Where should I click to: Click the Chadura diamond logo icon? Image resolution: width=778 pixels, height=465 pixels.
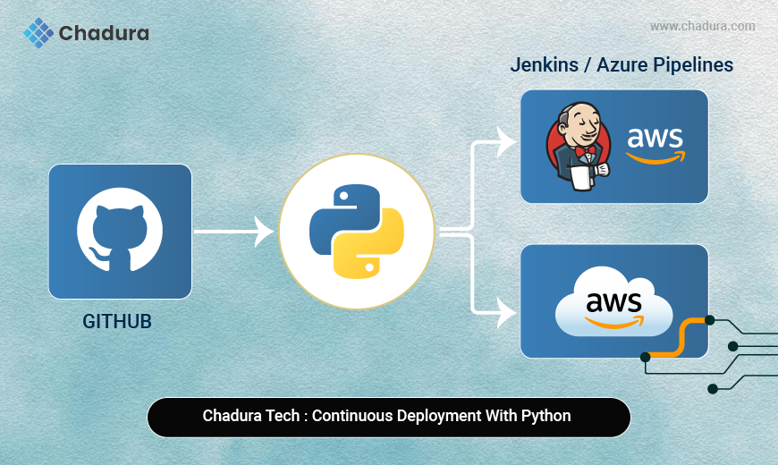38,33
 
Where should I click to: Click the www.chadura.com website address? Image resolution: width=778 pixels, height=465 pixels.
702,27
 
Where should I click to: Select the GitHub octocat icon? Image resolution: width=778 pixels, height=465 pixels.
120,230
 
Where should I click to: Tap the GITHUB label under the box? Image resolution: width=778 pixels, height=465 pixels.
117,321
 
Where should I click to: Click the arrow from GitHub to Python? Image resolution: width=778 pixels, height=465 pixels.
233,232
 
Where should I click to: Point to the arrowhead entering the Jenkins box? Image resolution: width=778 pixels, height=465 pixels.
507,141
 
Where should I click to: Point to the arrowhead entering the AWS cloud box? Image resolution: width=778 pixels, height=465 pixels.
507,312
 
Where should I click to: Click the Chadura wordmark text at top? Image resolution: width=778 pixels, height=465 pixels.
104,34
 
